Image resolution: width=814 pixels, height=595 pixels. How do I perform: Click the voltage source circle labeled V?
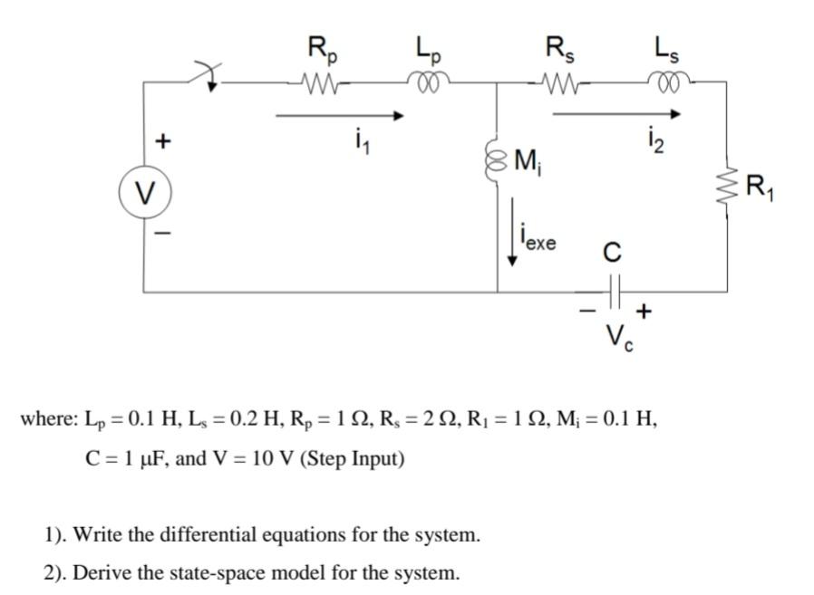(143, 192)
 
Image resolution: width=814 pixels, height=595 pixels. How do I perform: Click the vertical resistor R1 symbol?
(726, 189)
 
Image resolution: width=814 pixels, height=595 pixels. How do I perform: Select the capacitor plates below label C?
(613, 291)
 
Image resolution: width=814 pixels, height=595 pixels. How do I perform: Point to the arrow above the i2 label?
(616, 114)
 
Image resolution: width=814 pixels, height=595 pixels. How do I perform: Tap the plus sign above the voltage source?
(162, 141)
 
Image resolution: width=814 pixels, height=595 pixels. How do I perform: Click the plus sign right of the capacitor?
(644, 312)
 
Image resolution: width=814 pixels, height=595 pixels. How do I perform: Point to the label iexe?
(540, 242)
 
